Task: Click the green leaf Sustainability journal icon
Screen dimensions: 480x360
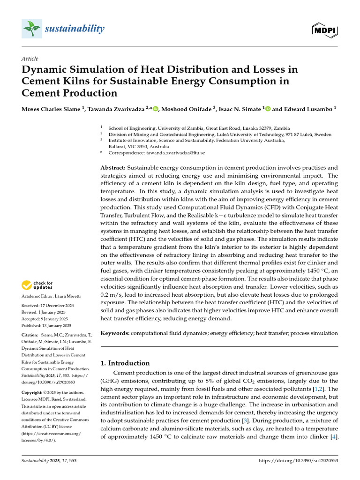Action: click(31, 29)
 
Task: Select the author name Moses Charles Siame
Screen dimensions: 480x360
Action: click(51, 109)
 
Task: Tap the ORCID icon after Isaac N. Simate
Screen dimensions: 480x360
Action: click(268, 109)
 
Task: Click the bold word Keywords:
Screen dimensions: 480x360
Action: click(115, 333)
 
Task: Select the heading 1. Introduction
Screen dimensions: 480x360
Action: click(125, 363)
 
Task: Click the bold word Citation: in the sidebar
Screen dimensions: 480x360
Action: click(31, 335)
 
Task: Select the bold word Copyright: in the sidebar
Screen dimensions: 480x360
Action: click(33, 392)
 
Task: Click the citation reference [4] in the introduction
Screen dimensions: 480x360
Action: click(334, 437)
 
